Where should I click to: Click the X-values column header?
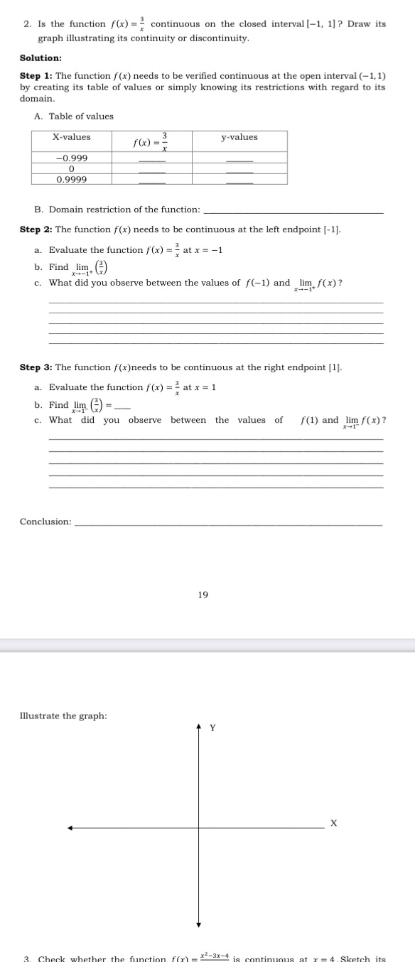tap(72, 137)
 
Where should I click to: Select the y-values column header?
tap(239, 137)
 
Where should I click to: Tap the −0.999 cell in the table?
tap(72, 158)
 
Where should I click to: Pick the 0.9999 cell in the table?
tap(72, 180)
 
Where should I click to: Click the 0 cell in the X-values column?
tap(72, 169)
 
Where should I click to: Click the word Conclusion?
tap(45, 521)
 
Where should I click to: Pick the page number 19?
tap(203, 595)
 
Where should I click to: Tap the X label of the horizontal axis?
tap(333, 823)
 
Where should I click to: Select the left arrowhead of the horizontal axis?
tap(71, 828)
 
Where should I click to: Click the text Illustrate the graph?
tap(64, 696)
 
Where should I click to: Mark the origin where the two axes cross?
tap(199, 828)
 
